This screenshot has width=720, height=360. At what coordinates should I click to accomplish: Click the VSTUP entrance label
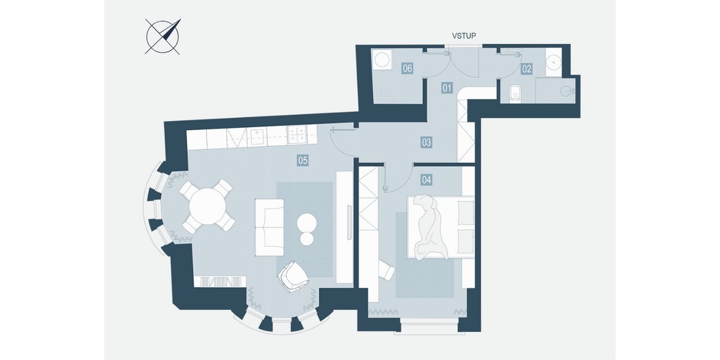[x=464, y=36]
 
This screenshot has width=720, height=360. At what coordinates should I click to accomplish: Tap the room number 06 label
[x=407, y=68]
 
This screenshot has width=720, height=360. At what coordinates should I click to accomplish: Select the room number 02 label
[x=527, y=69]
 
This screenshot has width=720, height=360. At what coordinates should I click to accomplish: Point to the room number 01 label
[x=447, y=88]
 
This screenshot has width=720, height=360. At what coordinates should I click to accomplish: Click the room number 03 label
[x=426, y=142]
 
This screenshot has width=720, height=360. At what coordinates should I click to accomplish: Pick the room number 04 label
[x=426, y=179]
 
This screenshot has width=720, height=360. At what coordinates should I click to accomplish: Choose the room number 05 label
[x=303, y=160]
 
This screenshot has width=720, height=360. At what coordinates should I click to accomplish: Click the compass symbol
[x=163, y=37]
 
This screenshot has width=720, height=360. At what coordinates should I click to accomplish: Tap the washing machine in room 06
[x=382, y=59]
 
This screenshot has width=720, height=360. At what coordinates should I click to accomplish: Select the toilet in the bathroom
[x=516, y=93]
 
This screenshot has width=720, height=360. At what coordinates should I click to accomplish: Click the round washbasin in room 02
[x=553, y=62]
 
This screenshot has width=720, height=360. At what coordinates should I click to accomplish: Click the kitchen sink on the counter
[x=259, y=137]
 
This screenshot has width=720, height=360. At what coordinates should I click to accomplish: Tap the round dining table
[x=208, y=206]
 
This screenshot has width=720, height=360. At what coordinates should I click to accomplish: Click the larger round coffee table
[x=307, y=223]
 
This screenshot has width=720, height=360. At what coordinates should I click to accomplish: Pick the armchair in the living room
[x=294, y=277]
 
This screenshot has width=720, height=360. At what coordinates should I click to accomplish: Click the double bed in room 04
[x=440, y=227]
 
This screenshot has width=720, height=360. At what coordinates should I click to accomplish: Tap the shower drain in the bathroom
[x=566, y=91]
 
